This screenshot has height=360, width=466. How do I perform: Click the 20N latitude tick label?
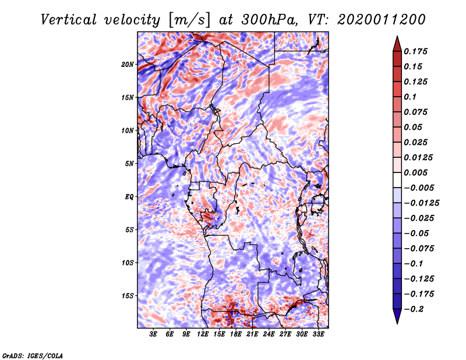pyautogui.click(x=128, y=64)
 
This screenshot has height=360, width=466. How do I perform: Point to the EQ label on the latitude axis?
pyautogui.click(x=129, y=196)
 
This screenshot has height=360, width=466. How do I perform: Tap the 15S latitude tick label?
pyautogui.click(x=128, y=295)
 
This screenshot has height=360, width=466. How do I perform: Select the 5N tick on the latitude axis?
pyautogui.click(x=129, y=163)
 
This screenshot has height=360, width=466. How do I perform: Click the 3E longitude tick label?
pyautogui.click(x=154, y=334)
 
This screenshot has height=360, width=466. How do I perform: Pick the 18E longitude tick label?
pyautogui.click(x=236, y=334)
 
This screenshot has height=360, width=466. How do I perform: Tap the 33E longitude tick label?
pyautogui.click(x=318, y=334)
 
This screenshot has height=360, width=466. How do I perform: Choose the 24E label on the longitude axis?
pyautogui.click(x=269, y=334)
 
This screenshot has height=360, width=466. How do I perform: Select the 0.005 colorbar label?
pyautogui.click(x=417, y=172)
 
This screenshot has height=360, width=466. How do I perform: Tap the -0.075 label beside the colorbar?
pyautogui.click(x=419, y=248)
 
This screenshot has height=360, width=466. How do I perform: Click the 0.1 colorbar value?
pyautogui.click(x=410, y=97)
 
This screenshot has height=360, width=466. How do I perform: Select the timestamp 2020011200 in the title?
pyautogui.click(x=374, y=19)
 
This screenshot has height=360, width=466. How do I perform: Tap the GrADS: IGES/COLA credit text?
pyautogui.click(x=32, y=355)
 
